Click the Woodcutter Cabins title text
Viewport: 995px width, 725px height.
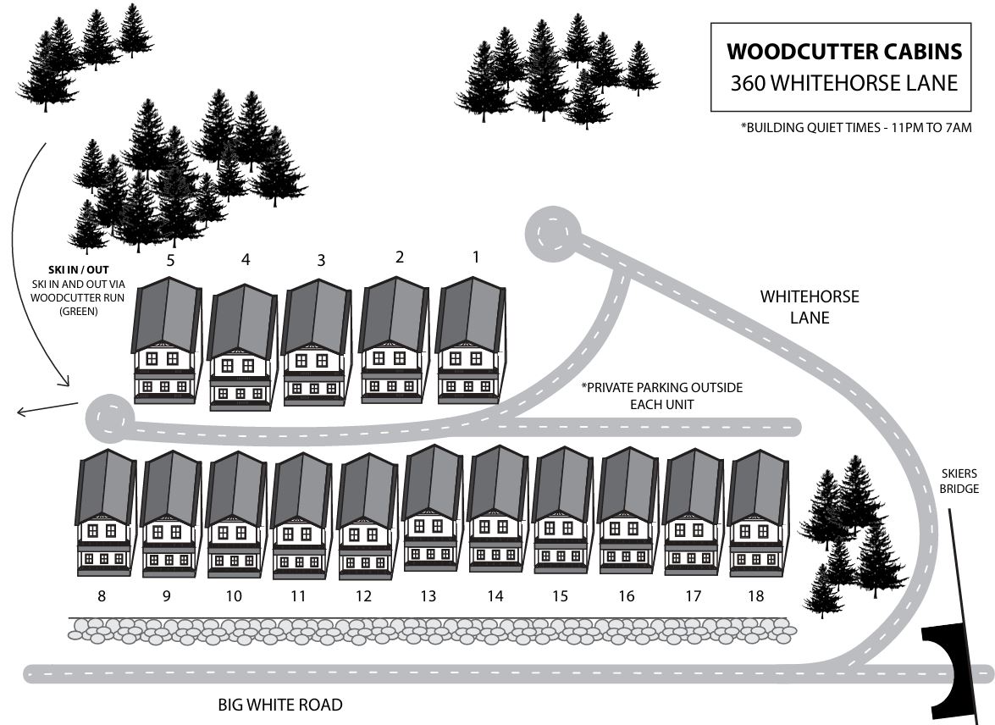point(844,52)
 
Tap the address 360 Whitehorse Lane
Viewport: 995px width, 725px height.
point(844,83)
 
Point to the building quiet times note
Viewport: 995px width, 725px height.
point(855,128)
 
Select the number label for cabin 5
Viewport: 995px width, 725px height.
point(170,260)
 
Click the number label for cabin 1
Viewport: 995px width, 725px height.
point(476,256)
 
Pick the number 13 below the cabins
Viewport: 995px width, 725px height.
point(428,596)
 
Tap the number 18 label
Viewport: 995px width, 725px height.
point(755,596)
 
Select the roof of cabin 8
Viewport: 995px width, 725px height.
point(107,485)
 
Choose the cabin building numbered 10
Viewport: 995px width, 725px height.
point(235,515)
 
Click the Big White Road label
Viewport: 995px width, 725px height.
point(280,705)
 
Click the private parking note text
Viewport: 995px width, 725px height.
point(661,396)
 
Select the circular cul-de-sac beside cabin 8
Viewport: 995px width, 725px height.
point(108,418)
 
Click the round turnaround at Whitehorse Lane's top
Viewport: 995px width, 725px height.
point(551,230)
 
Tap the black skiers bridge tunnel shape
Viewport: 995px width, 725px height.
point(952,651)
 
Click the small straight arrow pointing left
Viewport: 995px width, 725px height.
point(47,409)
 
